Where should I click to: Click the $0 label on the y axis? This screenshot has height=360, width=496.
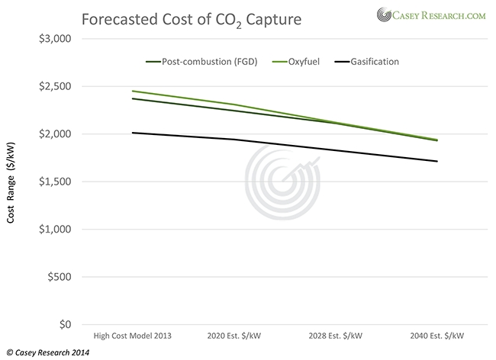click(x=64, y=325)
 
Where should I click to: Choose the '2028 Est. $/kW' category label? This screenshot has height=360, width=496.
click(x=334, y=336)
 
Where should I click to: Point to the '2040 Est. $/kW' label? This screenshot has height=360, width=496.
click(x=436, y=336)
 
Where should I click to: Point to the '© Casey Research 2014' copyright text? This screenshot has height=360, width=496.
click(x=47, y=352)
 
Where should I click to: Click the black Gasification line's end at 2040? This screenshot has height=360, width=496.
click(x=436, y=161)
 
